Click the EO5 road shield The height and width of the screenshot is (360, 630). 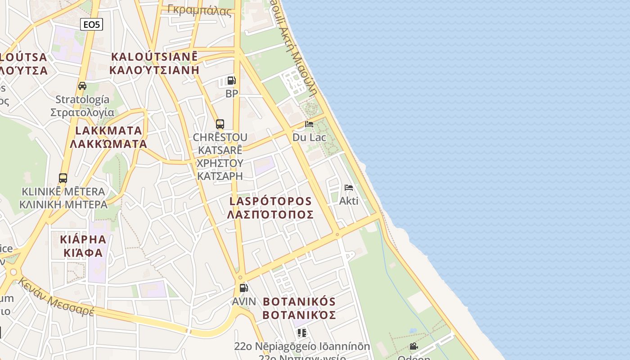click(x=91, y=24)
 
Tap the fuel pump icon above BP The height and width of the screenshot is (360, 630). click(x=232, y=81)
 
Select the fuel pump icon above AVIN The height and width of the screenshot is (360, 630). click(x=243, y=288)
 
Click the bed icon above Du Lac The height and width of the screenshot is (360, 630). click(x=309, y=124)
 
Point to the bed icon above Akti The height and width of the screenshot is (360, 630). click(x=349, y=188)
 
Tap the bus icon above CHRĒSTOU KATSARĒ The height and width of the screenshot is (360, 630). click(x=220, y=124)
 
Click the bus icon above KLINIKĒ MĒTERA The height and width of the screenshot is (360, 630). click(x=63, y=178)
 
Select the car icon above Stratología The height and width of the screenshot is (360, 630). click(x=82, y=86)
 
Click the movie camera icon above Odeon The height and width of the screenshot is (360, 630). click(x=414, y=346)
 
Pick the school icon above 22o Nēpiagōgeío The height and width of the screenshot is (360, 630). click(x=301, y=333)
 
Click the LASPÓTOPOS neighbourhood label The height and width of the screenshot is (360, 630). click(x=270, y=207)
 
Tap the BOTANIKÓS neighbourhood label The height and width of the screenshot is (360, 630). click(x=299, y=308)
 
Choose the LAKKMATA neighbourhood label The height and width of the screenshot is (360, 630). click(x=108, y=137)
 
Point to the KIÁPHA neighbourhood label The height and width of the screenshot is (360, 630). click(x=83, y=246)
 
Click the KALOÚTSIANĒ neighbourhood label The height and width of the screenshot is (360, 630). click(x=154, y=63)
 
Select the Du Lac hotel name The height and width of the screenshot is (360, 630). click(x=309, y=137)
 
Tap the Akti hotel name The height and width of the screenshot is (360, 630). click(x=349, y=201)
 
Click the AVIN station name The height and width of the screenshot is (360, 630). click(x=244, y=301)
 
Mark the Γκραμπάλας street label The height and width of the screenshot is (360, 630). click(x=199, y=9)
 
